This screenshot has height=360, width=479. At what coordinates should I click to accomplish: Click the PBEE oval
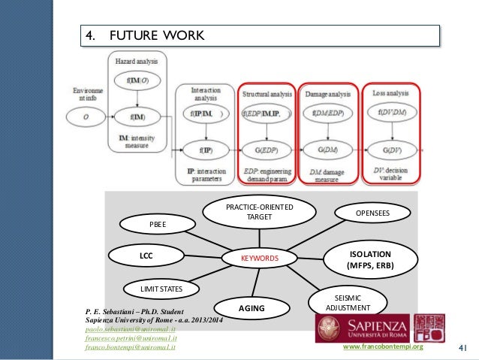point(158,223)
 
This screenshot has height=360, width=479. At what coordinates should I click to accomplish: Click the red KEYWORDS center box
point(259,259)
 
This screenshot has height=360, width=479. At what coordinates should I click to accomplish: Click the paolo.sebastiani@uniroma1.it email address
point(131,329)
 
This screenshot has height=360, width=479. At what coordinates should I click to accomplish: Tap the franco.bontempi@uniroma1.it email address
point(131,348)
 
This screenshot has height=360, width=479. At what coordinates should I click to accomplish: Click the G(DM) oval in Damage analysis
point(328,150)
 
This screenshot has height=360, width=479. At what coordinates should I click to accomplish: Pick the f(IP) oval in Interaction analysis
point(205,150)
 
